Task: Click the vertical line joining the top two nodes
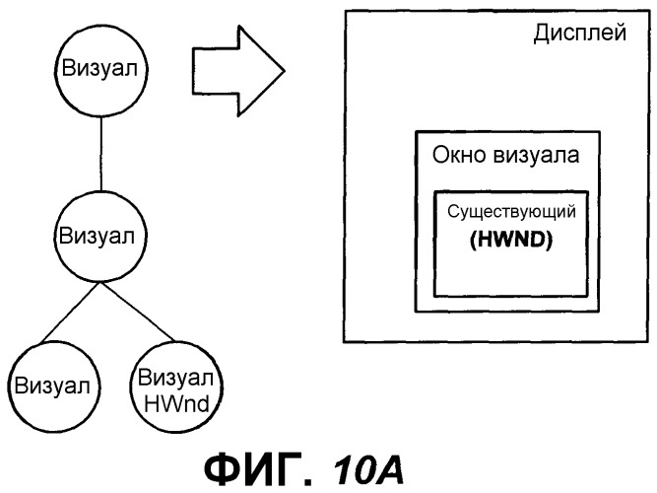101,153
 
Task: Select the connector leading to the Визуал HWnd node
138,312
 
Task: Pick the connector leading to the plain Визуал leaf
71,312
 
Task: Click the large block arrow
238,70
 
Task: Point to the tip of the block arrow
285,70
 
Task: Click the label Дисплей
580,33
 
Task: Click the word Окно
459,155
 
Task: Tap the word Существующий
511,212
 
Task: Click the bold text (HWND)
511,240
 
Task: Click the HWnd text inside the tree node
176,404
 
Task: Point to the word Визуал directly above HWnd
175,378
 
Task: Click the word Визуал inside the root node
99,68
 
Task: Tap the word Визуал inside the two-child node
97,236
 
